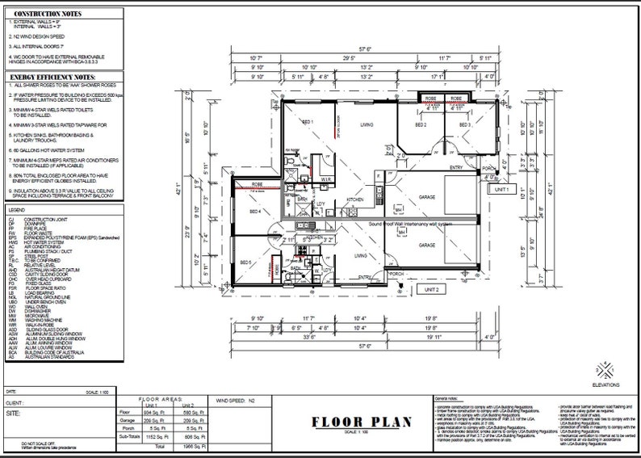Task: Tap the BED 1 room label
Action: pyautogui.click(x=308, y=122)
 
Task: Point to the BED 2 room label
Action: pyautogui.click(x=421, y=126)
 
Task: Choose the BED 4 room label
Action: pyautogui.click(x=256, y=212)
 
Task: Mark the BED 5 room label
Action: pyautogui.click(x=246, y=263)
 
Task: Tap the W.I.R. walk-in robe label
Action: pyautogui.click(x=326, y=179)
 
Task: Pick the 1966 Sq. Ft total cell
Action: pyautogui.click(x=191, y=445)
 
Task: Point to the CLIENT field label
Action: pyautogui.click(x=14, y=401)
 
